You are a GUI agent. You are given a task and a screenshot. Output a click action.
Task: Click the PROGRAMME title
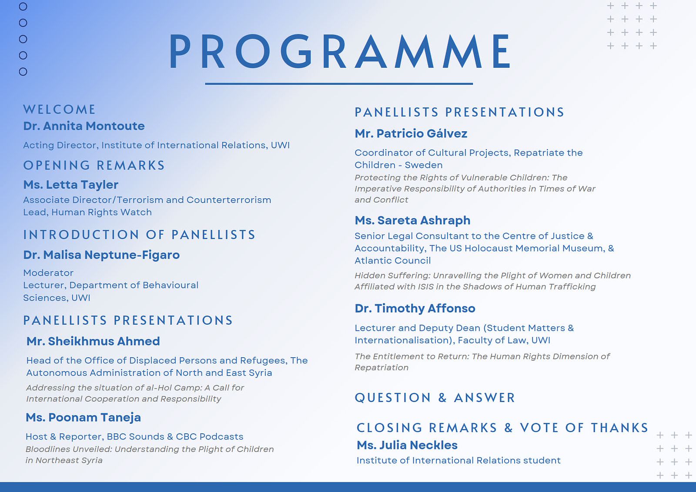[340, 52]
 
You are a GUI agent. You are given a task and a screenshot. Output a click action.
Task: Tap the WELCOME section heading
[60, 110]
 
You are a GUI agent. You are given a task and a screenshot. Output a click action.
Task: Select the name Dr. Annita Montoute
[84, 126]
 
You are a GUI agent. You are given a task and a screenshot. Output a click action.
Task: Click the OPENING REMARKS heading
[94, 166]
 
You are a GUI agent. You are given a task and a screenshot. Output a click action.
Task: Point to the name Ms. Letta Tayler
[71, 185]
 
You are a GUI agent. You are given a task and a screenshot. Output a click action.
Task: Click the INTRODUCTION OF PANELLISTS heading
[139, 235]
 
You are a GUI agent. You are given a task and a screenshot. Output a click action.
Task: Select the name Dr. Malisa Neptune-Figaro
[101, 255]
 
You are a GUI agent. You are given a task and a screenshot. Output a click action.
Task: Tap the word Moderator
[48, 273]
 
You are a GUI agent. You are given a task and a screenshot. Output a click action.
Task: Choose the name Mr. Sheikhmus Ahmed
[93, 341]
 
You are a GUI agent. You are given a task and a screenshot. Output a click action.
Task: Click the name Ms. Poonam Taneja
[83, 417]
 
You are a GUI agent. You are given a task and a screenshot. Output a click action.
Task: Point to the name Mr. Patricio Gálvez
[411, 133]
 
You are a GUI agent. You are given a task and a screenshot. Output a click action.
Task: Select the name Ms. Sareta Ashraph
[412, 220]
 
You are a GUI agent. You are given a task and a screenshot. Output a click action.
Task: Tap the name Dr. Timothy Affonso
[415, 308]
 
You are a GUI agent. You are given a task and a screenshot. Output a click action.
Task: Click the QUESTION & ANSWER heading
[435, 398]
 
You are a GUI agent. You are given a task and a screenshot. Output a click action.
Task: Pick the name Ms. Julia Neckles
[407, 445]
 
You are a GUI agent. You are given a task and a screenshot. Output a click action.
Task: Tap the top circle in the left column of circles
[23, 7]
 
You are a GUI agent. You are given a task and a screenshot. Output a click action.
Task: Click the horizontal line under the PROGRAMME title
[339, 83]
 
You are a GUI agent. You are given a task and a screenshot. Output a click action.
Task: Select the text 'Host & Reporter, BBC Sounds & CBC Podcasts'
[134, 436]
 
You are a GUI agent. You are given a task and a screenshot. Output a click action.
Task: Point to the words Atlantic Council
[393, 261]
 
